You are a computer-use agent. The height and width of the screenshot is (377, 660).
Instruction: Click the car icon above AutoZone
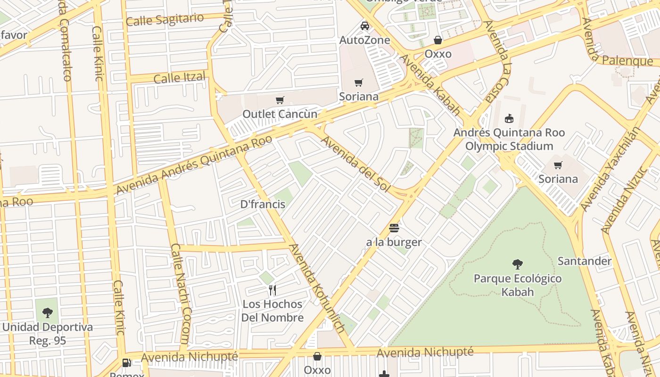(x=364, y=26)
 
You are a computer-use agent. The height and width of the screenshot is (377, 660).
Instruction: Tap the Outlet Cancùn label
(x=280, y=114)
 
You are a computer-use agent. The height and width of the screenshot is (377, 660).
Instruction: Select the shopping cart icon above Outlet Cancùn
(x=280, y=100)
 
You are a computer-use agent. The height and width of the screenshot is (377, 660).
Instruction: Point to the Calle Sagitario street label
(x=165, y=20)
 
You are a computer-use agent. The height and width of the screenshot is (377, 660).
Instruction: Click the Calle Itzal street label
(x=180, y=77)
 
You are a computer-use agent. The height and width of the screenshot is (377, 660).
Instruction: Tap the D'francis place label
(x=263, y=204)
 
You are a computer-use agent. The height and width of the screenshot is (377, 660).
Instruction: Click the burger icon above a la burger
(x=394, y=229)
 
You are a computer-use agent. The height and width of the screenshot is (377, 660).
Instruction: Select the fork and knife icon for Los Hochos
(x=272, y=290)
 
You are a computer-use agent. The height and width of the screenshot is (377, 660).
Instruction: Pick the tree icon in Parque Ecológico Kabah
(x=517, y=264)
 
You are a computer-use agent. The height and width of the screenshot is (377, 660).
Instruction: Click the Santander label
(x=584, y=261)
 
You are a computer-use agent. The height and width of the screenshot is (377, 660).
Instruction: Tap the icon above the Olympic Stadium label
(x=509, y=118)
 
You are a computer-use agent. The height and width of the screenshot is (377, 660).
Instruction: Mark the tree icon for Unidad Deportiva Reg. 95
(x=47, y=312)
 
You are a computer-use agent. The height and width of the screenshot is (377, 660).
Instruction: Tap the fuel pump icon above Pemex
(x=126, y=362)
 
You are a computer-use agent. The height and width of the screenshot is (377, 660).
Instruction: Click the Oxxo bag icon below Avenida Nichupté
(x=317, y=356)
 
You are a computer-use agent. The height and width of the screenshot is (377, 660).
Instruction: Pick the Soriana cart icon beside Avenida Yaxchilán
(x=558, y=165)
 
